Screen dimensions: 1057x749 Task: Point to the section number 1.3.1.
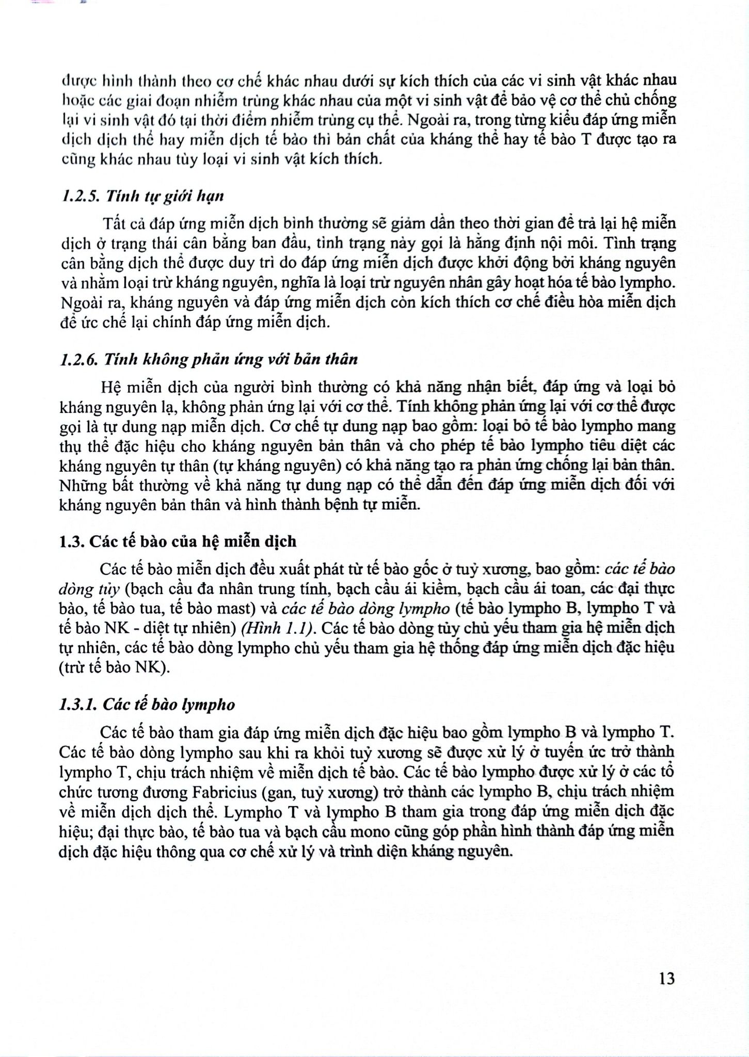[x=77, y=705]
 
